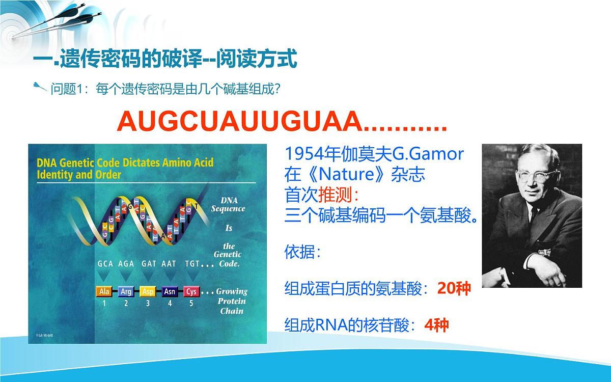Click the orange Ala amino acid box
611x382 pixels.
[104, 292]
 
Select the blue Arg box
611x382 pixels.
[126, 292]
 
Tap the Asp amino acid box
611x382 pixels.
[148, 292]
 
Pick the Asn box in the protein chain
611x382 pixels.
[170, 292]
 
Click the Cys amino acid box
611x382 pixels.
[191, 292]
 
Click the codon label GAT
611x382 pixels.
[149, 264]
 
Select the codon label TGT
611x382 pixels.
[192, 264]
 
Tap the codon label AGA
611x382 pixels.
[126, 264]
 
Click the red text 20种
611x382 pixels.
[454, 289]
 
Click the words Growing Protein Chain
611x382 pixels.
[232, 301]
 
